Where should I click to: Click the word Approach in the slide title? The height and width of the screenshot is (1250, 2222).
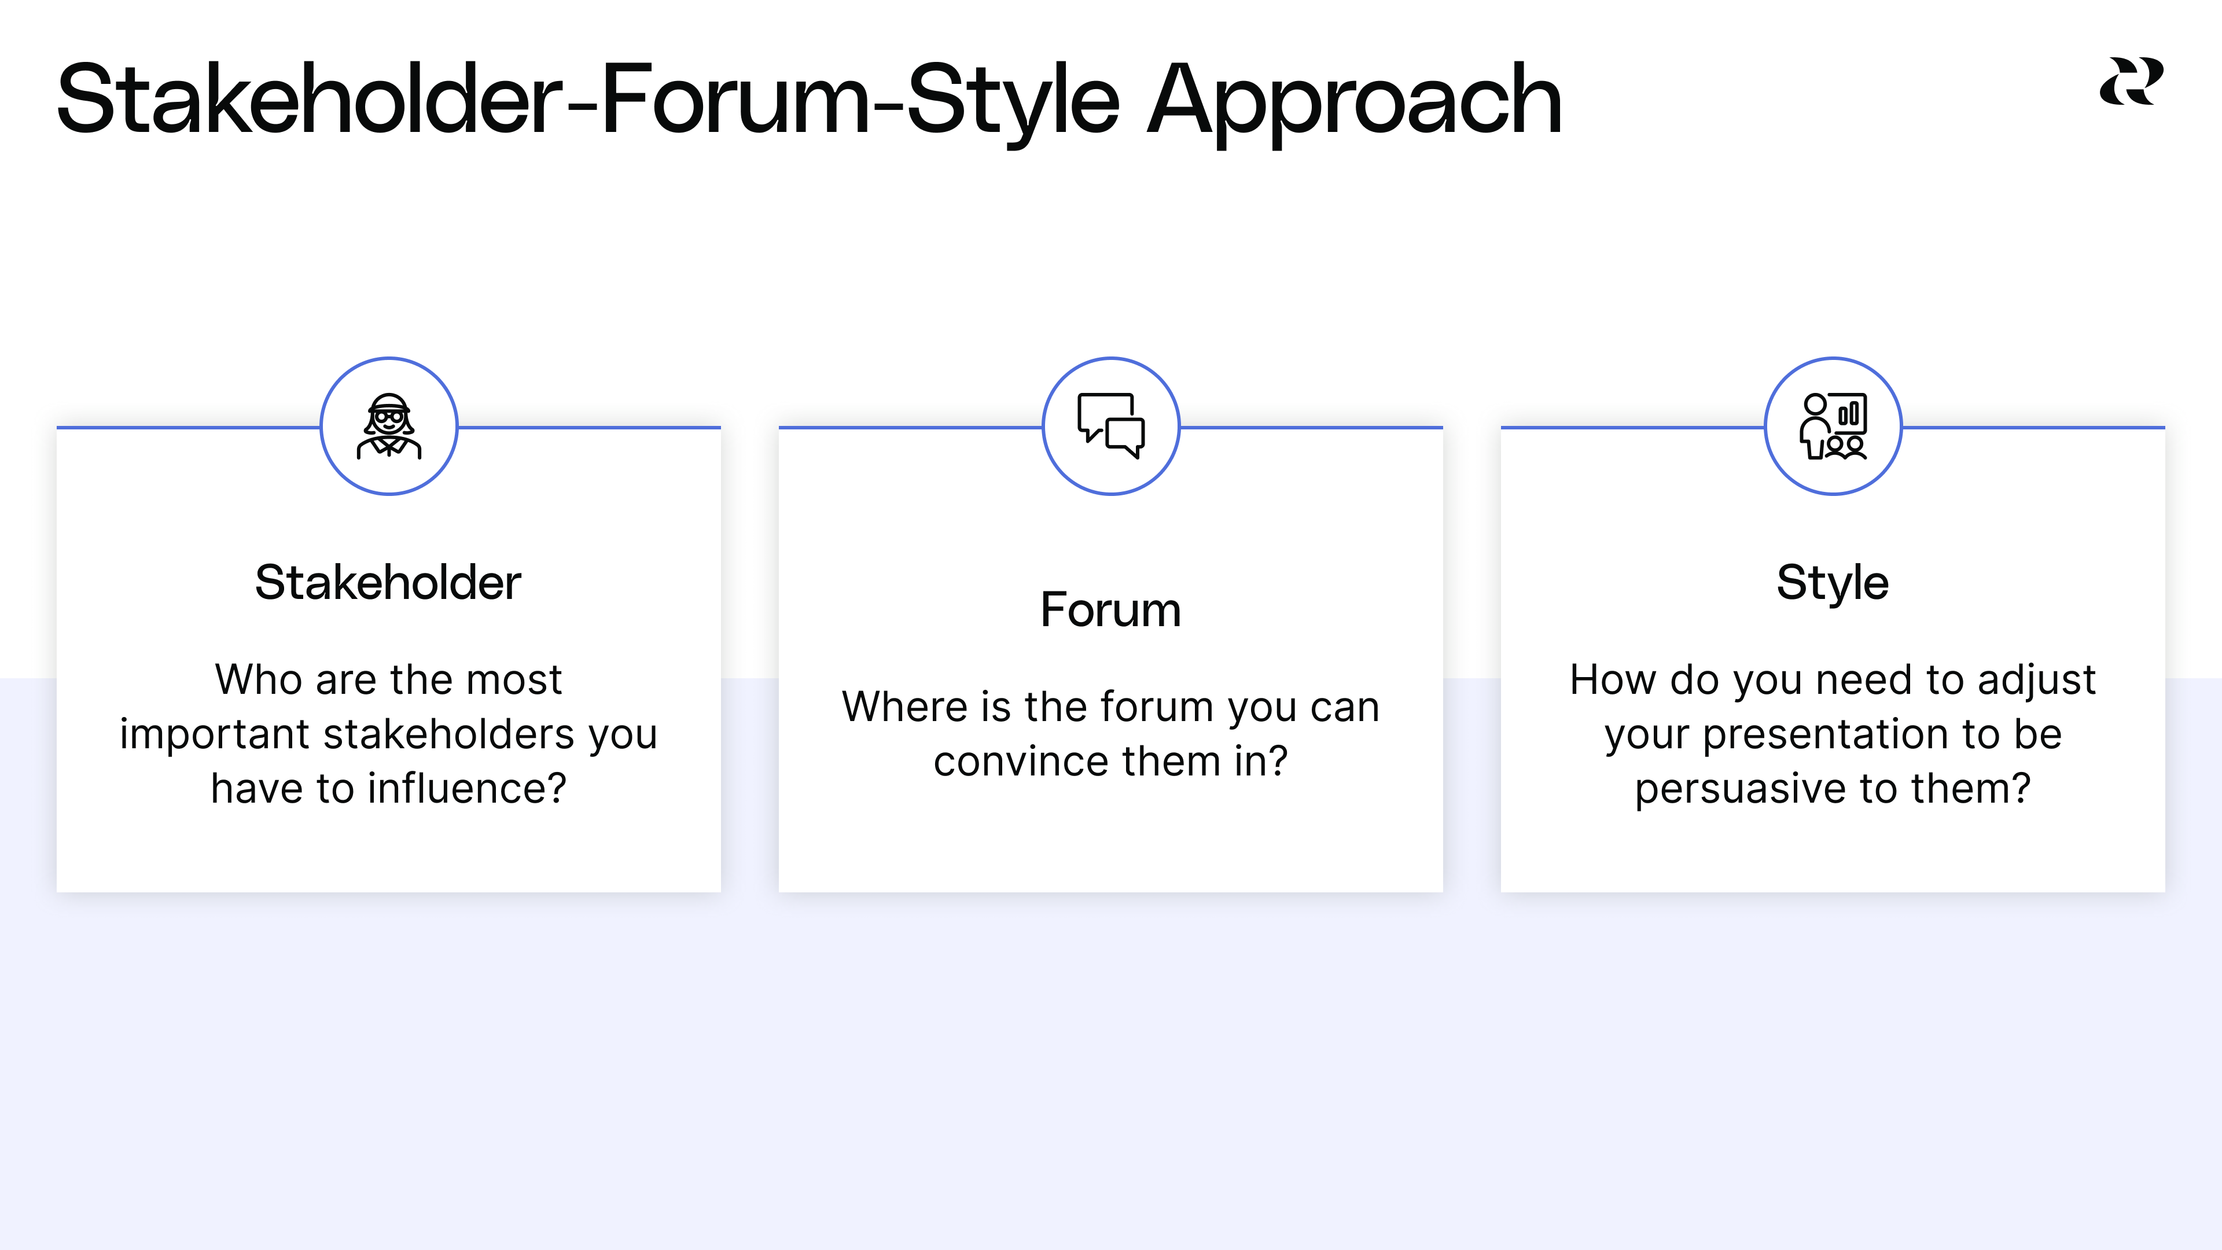pos(1354,102)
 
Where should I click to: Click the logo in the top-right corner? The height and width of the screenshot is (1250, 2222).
pos(2131,81)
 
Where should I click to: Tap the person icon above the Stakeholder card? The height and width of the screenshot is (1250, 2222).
pos(389,426)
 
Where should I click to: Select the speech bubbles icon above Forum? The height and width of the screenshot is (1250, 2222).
pos(1111,426)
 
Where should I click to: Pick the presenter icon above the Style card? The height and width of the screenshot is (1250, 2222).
pos(1833,426)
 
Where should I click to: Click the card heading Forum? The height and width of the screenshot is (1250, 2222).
pos(1110,610)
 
